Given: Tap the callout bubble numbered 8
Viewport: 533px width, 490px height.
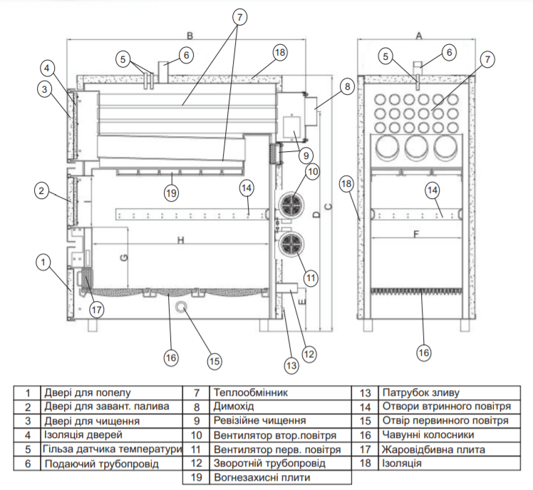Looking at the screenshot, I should pyautogui.click(x=346, y=88).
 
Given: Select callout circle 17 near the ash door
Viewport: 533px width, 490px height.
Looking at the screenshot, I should pyautogui.click(x=97, y=310).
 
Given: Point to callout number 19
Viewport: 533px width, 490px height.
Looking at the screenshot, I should pyautogui.click(x=170, y=193).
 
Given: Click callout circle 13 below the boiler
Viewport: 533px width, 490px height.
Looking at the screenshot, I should pyautogui.click(x=290, y=366).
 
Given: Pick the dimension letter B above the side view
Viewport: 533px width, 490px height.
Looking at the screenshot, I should pyautogui.click(x=190, y=35).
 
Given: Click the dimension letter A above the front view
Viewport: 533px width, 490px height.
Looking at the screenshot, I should pyautogui.click(x=419, y=35).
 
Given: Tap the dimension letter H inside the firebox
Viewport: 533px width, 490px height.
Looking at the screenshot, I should pyautogui.click(x=181, y=240).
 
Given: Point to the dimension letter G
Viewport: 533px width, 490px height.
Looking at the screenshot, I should pyautogui.click(x=123, y=257).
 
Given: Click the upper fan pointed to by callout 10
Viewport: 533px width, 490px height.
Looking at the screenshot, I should pyautogui.click(x=291, y=205).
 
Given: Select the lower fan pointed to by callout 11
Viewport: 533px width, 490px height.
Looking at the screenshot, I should pyautogui.click(x=291, y=245).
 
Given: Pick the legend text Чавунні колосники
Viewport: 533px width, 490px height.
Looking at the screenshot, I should pyautogui.click(x=428, y=435).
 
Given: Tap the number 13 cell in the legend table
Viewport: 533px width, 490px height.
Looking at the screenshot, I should pyautogui.click(x=366, y=392).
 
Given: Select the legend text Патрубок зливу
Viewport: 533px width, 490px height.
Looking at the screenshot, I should pyautogui.click(x=421, y=392).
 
